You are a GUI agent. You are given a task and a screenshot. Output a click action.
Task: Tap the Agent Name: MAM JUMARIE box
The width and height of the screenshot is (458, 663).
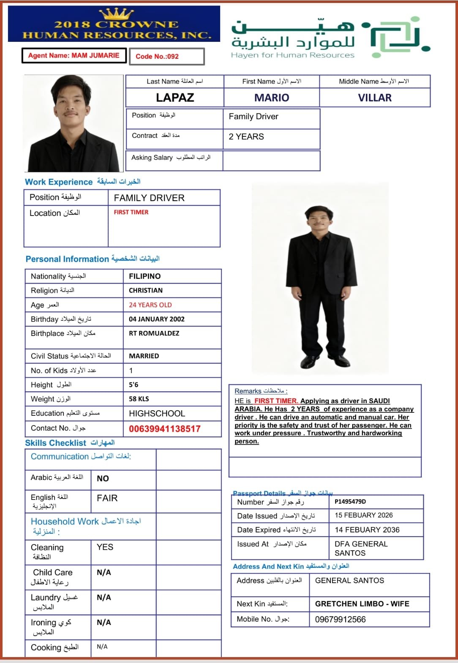74,55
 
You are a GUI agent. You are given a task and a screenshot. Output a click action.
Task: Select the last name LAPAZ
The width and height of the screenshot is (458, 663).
175,98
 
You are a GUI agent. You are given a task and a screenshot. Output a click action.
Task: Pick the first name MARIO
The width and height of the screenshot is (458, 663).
272,98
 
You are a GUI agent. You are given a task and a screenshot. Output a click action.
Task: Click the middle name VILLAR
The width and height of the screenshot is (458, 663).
375,98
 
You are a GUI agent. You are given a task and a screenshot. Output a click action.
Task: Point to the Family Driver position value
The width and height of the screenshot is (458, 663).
254,117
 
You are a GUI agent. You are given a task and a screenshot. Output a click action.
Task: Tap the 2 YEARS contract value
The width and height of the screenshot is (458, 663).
246,136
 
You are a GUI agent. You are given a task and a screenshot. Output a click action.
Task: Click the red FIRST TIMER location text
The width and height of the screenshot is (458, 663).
131,212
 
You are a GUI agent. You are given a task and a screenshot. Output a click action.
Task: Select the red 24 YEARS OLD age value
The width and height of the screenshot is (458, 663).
150,305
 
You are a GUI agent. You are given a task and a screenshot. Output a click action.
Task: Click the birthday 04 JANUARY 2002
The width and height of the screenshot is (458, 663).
157,319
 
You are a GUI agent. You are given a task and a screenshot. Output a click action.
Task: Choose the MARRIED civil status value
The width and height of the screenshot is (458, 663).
144,356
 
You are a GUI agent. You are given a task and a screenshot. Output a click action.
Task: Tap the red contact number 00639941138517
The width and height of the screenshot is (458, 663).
165,428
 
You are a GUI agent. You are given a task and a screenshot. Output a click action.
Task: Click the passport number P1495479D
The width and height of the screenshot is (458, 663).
350,502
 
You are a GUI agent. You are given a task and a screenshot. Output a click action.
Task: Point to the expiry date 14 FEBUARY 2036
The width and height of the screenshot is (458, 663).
367,529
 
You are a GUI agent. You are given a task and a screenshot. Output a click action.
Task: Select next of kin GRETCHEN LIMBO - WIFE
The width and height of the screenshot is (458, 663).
362,603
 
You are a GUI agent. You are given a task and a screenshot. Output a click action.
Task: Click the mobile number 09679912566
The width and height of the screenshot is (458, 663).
341,619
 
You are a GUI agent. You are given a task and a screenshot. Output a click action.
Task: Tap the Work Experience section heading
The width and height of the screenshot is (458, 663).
59,182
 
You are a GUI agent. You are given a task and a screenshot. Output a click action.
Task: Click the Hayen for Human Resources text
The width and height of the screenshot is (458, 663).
292,55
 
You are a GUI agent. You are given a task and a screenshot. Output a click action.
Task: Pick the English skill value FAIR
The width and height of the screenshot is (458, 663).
107,498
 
